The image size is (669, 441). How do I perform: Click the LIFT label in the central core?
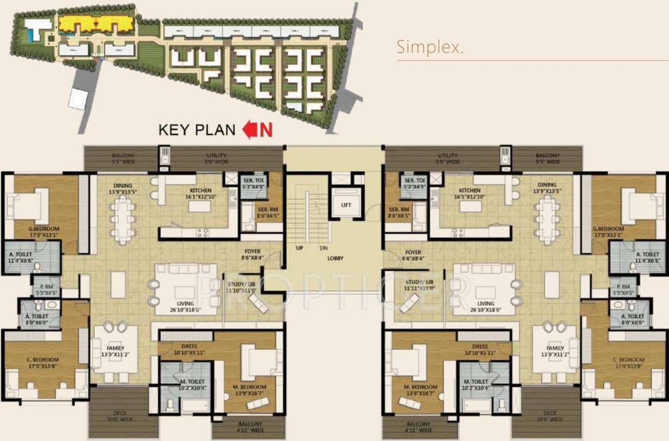[x=345, y=205]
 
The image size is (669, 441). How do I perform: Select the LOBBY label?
[x=335, y=258]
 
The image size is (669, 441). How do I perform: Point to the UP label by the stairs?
[x=299, y=249]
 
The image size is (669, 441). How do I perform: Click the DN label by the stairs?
[x=323, y=249]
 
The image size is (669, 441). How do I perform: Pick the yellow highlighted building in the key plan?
[x=94, y=24]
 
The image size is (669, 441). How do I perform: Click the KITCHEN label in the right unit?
[x=469, y=191]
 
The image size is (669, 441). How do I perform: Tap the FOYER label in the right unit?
[x=413, y=252]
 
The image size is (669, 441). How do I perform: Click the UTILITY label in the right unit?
[x=447, y=156]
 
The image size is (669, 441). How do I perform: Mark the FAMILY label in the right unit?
[x=555, y=349]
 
